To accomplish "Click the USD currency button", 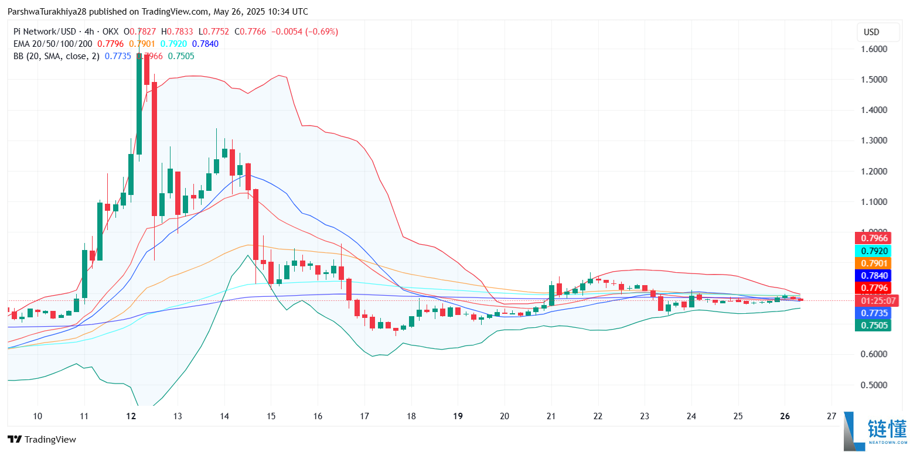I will [871, 32].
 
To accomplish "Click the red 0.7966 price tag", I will [873, 238].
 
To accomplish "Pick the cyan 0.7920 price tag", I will [873, 251].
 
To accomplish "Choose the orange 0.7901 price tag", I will [873, 263].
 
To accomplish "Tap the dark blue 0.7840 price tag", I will [873, 276].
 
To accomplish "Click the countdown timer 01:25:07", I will [873, 301].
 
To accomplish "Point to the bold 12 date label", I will [131, 416].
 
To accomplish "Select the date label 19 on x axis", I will [458, 416].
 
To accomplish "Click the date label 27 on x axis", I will [831, 416].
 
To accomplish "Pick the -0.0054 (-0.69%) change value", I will [304, 32].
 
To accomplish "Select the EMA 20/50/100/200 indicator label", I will [53, 44].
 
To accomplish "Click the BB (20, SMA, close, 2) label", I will [56, 56].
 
